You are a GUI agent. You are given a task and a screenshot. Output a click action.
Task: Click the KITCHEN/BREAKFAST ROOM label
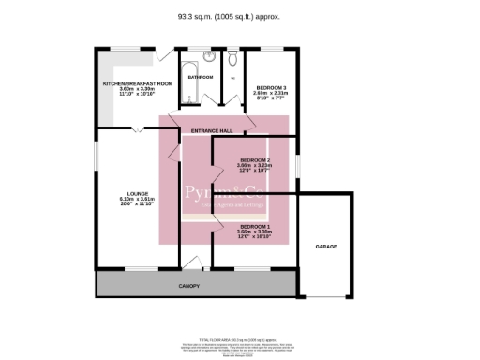(x=139, y=84)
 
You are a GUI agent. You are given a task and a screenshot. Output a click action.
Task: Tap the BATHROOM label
(x=199, y=76)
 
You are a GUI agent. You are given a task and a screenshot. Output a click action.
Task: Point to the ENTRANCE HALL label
(x=211, y=129)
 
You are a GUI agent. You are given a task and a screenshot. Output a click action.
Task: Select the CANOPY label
(x=190, y=284)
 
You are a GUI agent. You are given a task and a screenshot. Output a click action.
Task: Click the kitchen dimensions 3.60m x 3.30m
(x=139, y=92)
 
